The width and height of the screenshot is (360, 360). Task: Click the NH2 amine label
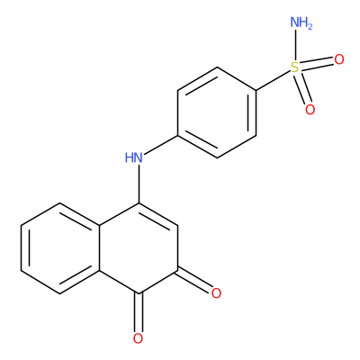click(301, 22)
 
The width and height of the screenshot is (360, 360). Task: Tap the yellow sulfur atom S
click(295, 67)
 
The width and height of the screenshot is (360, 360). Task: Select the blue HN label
click(134, 157)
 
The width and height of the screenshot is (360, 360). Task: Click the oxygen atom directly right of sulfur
click(339, 59)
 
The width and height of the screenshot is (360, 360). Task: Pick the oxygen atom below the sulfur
click(310, 110)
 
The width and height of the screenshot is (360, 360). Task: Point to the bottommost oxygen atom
click(138, 338)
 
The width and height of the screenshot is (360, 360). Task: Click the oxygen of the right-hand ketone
click(216, 293)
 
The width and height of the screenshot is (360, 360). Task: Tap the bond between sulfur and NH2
click(295, 45)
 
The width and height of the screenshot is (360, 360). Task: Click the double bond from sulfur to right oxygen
click(317, 64)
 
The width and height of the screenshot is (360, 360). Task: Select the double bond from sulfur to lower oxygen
click(302, 88)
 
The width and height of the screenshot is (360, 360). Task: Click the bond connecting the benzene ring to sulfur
click(274, 80)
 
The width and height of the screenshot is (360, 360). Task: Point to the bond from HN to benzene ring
click(160, 146)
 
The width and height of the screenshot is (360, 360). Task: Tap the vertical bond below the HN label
click(139, 184)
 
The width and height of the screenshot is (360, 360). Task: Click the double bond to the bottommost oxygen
click(139, 312)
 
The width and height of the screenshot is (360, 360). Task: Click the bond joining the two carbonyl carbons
click(158, 282)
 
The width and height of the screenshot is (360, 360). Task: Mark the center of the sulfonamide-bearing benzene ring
click(217, 112)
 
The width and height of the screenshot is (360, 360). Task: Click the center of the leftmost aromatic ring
click(60, 248)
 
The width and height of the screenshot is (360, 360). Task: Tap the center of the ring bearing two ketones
click(139, 248)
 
